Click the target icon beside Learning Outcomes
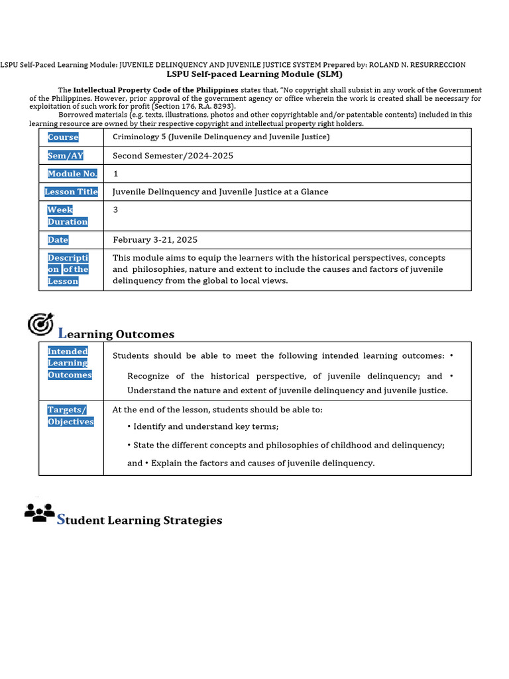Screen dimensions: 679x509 pos(40,324)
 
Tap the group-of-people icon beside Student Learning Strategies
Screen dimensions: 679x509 pos(40,513)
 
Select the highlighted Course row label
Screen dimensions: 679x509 pos(63,137)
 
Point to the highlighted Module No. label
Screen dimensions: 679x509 pos(72,174)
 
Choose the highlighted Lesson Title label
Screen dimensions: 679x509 pos(71,192)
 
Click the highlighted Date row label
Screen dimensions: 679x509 pos(58,239)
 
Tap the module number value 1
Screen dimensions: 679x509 pos(116,174)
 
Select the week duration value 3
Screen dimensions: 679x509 pos(116,210)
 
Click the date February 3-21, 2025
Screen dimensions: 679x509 pos(155,239)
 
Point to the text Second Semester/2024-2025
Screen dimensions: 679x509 pos(173,156)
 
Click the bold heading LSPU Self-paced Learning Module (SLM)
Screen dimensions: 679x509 pos(254,74)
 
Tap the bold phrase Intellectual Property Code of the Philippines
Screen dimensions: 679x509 pos(156,90)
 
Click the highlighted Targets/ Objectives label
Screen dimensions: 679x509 pos(70,416)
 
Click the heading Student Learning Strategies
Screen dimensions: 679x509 pos(140,520)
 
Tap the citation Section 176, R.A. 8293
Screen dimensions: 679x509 pos(193,106)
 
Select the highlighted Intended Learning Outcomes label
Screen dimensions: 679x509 pos(70,363)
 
